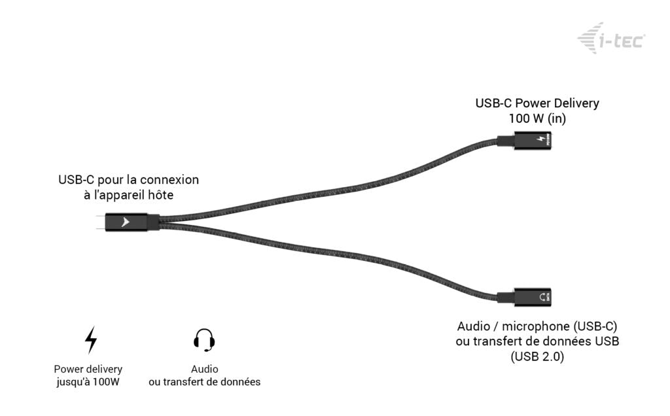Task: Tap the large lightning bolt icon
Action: [91, 339]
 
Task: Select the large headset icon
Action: [204, 339]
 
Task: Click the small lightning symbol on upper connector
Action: [540, 141]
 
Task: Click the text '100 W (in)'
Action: [537, 118]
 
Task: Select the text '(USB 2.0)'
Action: [537, 357]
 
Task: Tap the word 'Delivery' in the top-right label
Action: [576, 103]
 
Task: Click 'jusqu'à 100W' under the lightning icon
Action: [88, 382]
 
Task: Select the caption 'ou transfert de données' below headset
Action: [204, 382]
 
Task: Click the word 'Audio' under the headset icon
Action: [204, 369]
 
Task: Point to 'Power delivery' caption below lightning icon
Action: [88, 369]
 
